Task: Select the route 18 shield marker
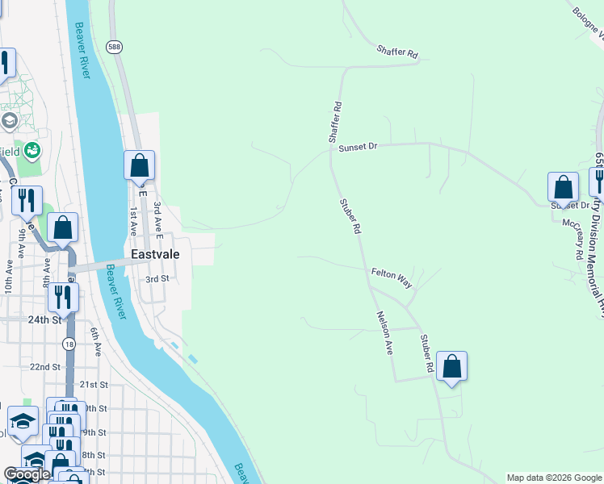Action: click(69, 344)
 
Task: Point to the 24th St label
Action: click(45, 319)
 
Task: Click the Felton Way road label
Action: click(392, 274)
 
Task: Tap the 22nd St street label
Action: click(45, 366)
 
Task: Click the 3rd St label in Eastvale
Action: click(156, 279)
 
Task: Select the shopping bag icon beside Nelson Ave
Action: click(452, 365)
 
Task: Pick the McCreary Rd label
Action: click(573, 238)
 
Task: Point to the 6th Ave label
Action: click(95, 343)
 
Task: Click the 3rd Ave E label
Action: click(159, 219)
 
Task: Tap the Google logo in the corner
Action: click(27, 474)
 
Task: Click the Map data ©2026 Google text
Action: click(554, 478)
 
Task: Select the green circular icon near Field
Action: click(32, 149)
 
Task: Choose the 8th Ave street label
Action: click(46, 266)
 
